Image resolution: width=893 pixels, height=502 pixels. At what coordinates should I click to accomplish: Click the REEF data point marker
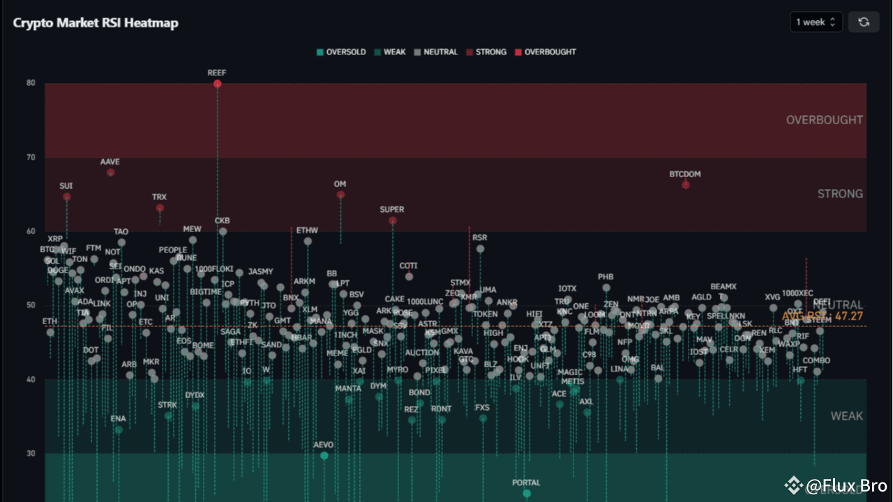(218, 84)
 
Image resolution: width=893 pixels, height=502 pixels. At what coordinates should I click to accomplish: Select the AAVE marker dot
(110, 172)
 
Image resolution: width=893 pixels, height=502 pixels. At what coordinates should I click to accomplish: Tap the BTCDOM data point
(686, 185)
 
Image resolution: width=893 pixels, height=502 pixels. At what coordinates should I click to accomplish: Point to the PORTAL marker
(527, 494)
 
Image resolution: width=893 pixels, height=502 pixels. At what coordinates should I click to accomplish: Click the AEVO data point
(324, 455)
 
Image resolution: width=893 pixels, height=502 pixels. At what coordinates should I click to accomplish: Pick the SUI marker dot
(66, 197)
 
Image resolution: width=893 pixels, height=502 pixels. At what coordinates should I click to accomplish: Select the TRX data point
(160, 208)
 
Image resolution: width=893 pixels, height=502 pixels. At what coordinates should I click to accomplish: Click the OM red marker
(340, 195)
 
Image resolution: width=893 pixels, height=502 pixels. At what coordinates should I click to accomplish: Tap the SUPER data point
(393, 220)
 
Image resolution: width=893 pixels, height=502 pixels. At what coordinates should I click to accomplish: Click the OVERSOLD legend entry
(341, 52)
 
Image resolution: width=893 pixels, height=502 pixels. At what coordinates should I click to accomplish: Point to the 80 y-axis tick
(31, 83)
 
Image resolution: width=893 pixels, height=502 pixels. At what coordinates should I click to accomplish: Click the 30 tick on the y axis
(31, 453)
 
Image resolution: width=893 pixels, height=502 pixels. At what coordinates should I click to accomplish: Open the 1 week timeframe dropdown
(816, 22)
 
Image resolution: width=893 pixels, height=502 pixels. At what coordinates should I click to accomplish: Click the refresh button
(864, 22)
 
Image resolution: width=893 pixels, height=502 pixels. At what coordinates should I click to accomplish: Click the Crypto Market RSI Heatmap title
(96, 23)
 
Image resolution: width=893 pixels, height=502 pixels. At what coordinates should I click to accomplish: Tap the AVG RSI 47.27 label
(823, 316)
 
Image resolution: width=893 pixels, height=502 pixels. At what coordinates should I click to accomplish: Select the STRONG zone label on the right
(840, 194)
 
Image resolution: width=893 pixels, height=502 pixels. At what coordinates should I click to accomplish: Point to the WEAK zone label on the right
(846, 416)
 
